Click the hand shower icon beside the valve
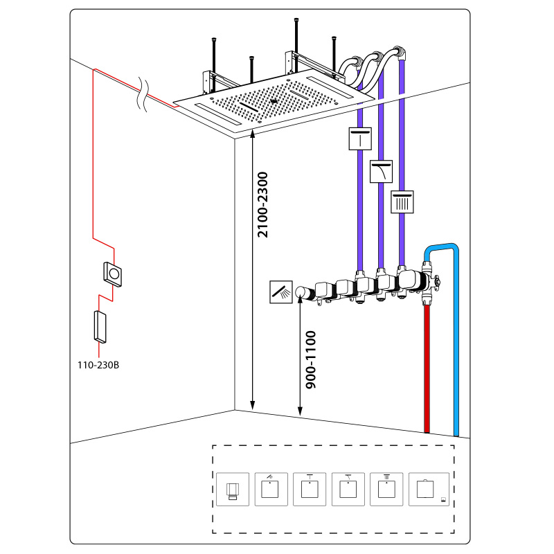pyautogui.click(x=280, y=293)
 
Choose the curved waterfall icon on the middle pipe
pyautogui.click(x=381, y=170)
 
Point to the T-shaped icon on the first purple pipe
pyautogui.click(x=360, y=139)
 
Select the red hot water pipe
pyautogui.click(x=427, y=374)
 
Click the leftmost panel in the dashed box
pyautogui.click(x=232, y=490)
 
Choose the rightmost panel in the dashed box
pyautogui.click(x=428, y=490)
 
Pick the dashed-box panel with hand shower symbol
pyautogui.click(x=271, y=490)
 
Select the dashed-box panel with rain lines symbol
pyautogui.click(x=388, y=490)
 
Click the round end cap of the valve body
pyautogui.click(x=303, y=294)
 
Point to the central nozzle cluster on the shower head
pyautogui.click(x=274, y=104)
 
